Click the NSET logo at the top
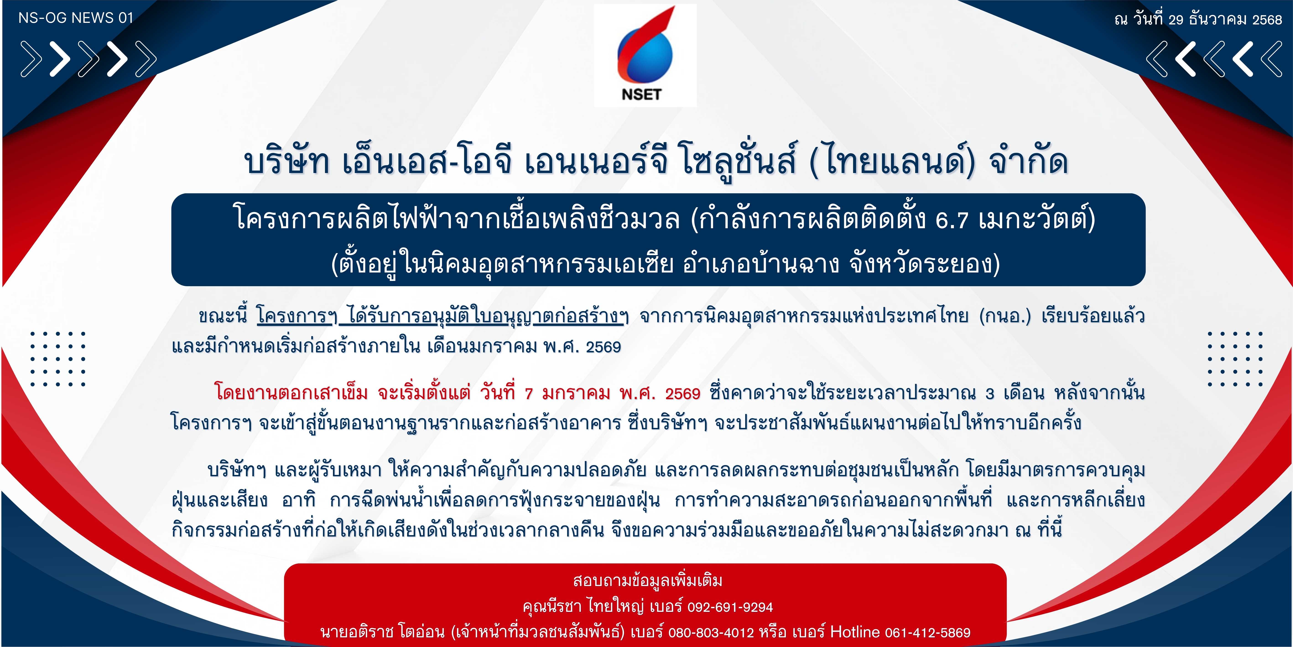click(645, 55)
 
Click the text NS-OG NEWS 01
click(76, 18)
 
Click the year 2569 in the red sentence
click(683, 393)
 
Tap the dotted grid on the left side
click(58, 359)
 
